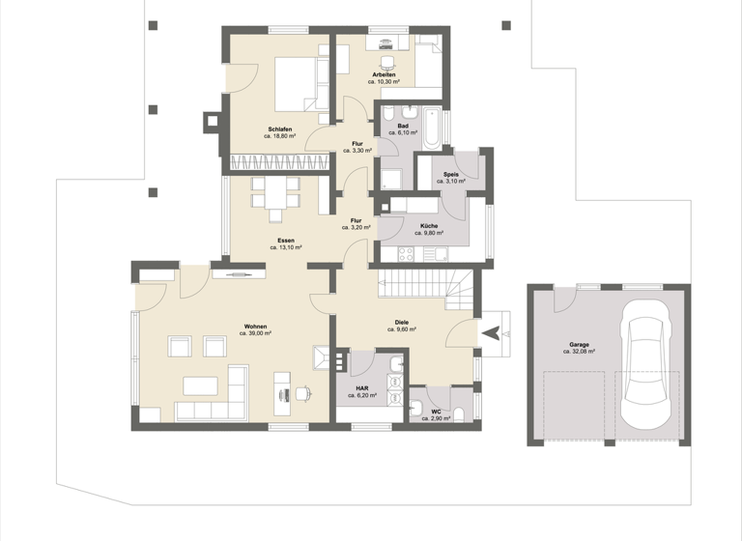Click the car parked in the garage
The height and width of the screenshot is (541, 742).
pos(645,366)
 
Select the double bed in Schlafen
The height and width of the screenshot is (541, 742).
pos(296,84)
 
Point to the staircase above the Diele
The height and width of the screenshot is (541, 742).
pos(425,287)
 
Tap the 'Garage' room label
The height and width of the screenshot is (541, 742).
pos(578,345)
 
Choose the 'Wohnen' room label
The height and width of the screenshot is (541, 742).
pos(256,327)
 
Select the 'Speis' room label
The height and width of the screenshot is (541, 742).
pos(450,175)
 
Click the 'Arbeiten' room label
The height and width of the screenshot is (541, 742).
pos(385,74)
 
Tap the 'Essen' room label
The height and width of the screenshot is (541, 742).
pos(285,241)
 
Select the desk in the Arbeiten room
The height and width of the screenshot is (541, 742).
pos(386,43)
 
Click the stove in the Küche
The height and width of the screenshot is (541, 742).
pos(406,254)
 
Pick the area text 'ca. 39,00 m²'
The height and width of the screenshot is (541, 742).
pos(256,334)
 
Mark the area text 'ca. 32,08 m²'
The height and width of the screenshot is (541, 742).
pos(578,353)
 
